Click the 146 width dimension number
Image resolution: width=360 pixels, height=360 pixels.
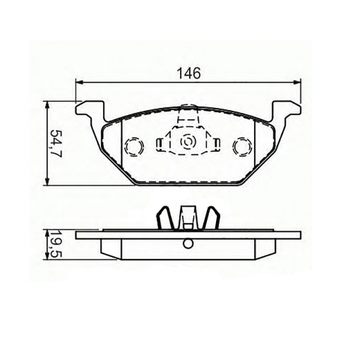tap(188, 73)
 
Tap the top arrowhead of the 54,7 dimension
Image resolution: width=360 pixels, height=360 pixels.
tap(47, 104)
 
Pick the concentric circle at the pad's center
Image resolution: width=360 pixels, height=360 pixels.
tap(188, 142)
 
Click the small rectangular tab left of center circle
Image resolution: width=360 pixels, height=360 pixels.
tap(160, 143)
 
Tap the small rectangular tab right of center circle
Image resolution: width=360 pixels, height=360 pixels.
tap(216, 143)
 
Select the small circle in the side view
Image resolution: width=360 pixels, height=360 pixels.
tap(188, 243)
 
